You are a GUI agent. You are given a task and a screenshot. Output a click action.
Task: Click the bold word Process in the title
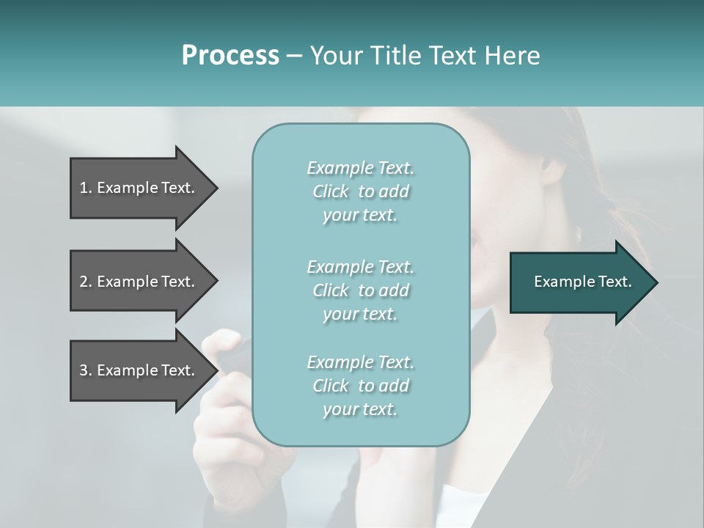click(x=230, y=56)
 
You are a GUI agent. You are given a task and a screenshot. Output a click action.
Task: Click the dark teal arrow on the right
click(x=579, y=282)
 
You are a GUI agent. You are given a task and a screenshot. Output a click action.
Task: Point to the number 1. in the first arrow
click(x=86, y=188)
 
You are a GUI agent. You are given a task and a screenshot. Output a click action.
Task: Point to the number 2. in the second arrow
click(x=86, y=282)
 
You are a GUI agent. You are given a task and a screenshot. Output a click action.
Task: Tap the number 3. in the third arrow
click(x=86, y=370)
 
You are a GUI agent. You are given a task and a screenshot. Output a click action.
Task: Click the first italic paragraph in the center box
click(x=360, y=191)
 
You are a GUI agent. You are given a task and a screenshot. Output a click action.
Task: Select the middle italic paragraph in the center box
click(x=360, y=290)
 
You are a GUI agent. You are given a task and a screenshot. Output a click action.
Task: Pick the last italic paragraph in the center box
click(x=360, y=386)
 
